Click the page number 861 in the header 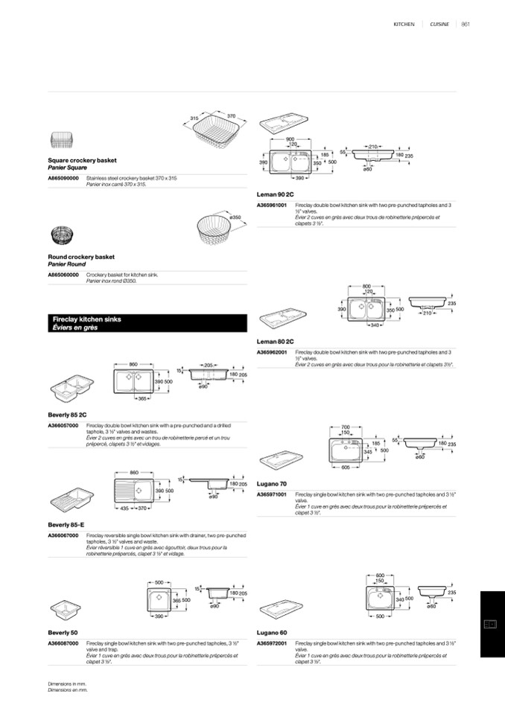point(466,25)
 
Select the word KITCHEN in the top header point(404,25)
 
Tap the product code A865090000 point(63,179)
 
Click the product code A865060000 point(63,275)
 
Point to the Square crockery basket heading point(82,160)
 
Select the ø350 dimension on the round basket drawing point(237,217)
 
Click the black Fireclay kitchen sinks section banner point(147,323)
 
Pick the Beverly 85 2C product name point(67,414)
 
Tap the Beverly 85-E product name point(66,524)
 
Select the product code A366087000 point(63,643)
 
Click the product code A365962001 point(272,351)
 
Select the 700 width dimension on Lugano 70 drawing point(345,427)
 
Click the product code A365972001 point(272,643)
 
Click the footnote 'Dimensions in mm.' point(67,683)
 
